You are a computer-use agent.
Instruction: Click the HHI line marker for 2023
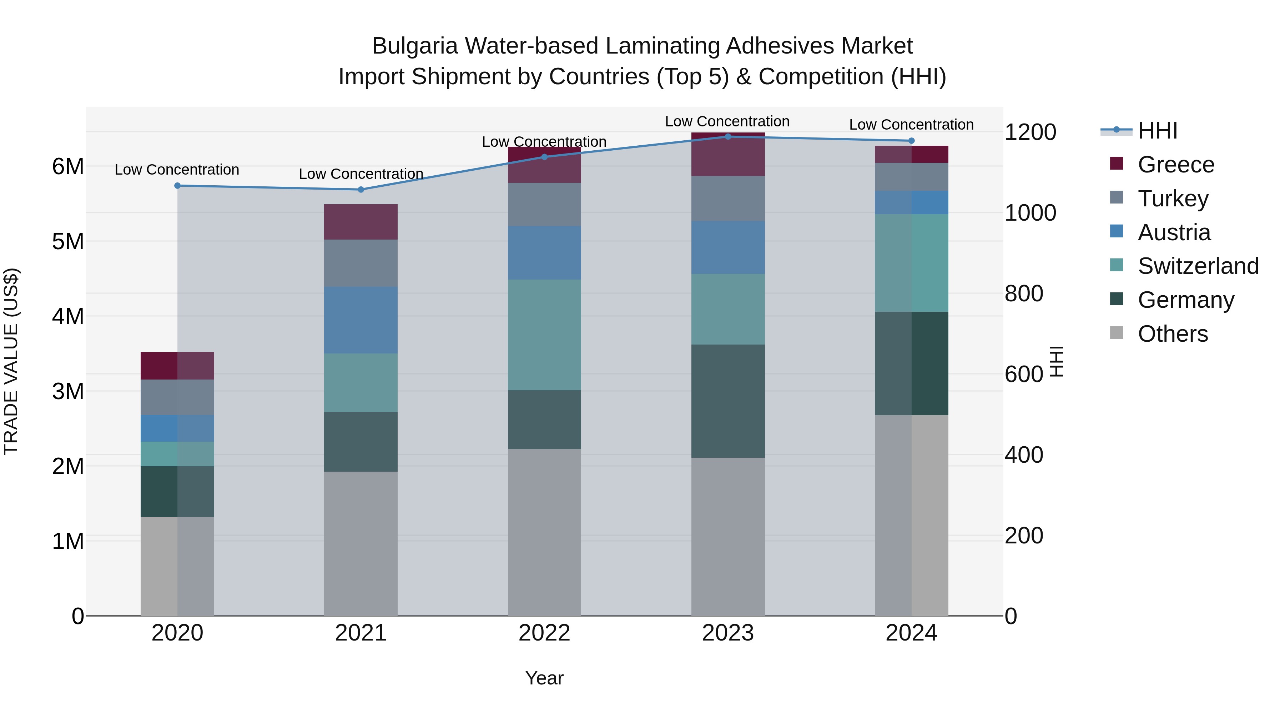click(x=728, y=136)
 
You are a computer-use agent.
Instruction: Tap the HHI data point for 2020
click(x=178, y=186)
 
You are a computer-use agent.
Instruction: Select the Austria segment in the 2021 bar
click(x=361, y=320)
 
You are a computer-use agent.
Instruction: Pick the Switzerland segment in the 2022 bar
click(x=544, y=335)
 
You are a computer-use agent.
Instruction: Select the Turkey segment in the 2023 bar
click(x=728, y=198)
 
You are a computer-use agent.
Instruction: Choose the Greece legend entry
click(x=1176, y=165)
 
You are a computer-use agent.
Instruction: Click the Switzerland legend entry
click(x=1197, y=266)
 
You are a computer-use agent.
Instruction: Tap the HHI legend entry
click(x=1157, y=131)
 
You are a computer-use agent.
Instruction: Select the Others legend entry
click(x=1172, y=334)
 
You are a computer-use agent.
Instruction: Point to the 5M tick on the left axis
click(x=68, y=241)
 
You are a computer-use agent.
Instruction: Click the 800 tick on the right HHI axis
click(x=1024, y=293)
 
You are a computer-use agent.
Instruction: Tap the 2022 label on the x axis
click(x=544, y=633)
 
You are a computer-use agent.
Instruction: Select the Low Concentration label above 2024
click(x=911, y=124)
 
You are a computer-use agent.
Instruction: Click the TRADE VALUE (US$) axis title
click(x=11, y=361)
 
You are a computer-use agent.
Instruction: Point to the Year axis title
click(x=544, y=678)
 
